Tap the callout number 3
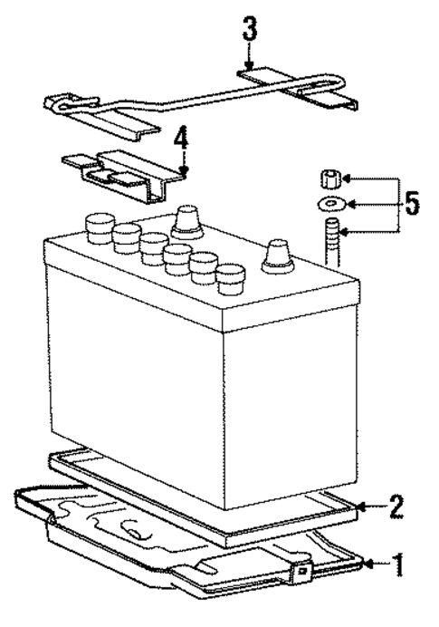click(249, 29)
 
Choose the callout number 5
click(412, 204)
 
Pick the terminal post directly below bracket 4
click(186, 218)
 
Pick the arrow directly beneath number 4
click(182, 164)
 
